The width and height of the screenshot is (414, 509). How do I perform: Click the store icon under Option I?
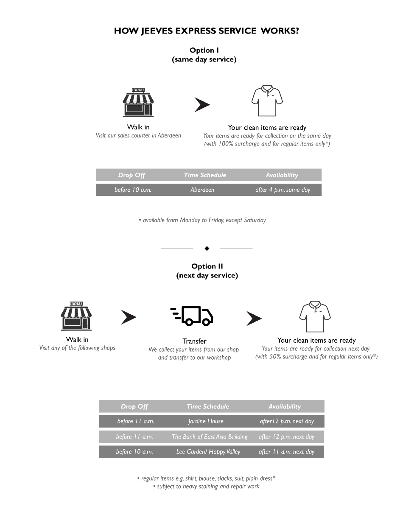(x=138, y=102)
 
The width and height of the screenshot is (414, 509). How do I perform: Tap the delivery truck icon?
(x=192, y=316)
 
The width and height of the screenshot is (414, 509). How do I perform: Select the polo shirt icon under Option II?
(x=315, y=316)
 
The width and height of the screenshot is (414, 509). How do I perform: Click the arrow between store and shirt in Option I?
(x=202, y=105)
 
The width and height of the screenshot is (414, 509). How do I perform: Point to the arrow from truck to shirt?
(x=254, y=318)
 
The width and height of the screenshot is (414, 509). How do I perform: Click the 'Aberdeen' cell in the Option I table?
(x=202, y=190)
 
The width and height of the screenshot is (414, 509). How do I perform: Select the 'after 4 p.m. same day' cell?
(x=283, y=190)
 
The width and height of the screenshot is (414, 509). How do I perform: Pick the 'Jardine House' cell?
(x=206, y=421)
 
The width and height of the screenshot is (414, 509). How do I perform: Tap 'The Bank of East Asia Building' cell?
(x=210, y=436)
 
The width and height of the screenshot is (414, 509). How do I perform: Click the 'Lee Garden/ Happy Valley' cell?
(x=208, y=452)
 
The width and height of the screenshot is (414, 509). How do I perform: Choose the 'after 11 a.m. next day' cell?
(x=286, y=452)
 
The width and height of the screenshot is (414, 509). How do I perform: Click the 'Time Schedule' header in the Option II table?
(x=208, y=406)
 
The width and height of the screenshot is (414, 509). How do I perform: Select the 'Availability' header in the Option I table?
(x=282, y=175)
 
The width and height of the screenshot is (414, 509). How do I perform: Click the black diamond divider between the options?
(x=207, y=249)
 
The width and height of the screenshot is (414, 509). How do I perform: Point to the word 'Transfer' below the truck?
(x=194, y=341)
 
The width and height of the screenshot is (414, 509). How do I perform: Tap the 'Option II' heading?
(x=207, y=266)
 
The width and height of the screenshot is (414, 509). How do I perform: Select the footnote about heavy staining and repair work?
(x=206, y=486)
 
